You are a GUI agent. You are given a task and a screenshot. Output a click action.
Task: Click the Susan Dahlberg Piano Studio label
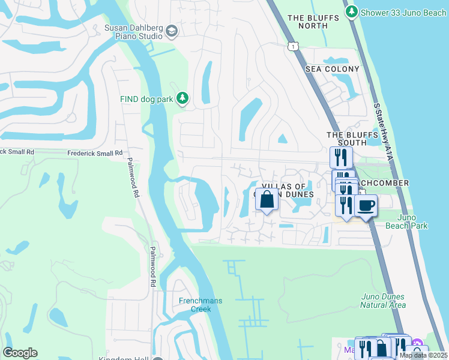pos(133,31)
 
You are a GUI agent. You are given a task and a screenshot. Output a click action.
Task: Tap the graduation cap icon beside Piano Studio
pos(172,31)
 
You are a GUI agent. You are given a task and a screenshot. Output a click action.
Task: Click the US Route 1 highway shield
pos(292,46)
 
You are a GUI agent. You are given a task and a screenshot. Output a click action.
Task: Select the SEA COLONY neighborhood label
pos(333,69)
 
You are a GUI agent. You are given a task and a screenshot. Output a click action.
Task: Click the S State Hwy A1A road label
pos(382,127)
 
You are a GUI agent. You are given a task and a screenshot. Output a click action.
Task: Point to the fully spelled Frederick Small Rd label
pos(94,153)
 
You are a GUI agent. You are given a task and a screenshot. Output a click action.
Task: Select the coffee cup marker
pos(366,205)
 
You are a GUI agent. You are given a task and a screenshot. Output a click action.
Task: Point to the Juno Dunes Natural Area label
pos(383,301)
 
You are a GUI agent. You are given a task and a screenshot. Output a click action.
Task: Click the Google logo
pos(20,353)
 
